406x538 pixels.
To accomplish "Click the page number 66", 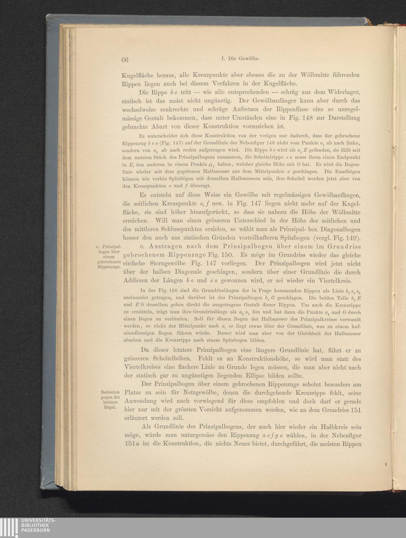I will click(125, 59).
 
